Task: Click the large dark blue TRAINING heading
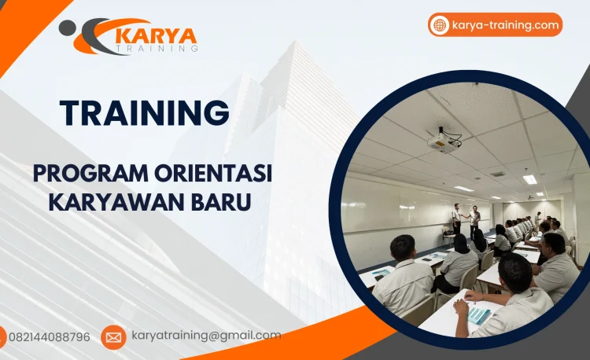(145, 112)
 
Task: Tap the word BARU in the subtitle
(225, 201)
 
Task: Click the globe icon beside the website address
(440, 25)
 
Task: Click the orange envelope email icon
(113, 337)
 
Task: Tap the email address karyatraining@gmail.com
(206, 336)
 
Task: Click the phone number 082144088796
(49, 337)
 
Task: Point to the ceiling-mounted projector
(442, 141)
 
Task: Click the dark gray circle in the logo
(68, 28)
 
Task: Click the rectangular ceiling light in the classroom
(530, 179)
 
